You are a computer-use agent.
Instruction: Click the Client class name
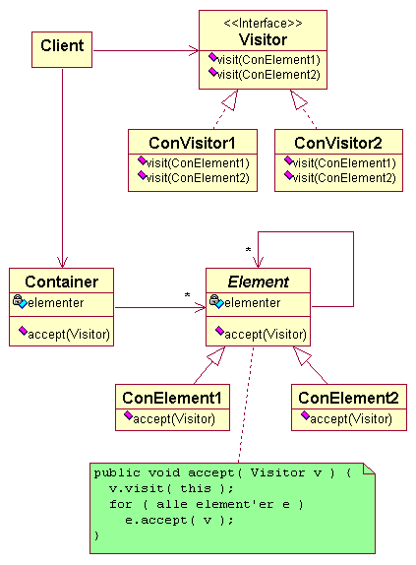[x=62, y=45]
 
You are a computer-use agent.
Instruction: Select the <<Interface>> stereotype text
[x=263, y=23]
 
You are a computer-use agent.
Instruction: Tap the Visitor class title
[x=263, y=39]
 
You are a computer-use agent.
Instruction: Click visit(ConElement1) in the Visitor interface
[x=268, y=60]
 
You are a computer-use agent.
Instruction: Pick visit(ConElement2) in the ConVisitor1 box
[x=198, y=177]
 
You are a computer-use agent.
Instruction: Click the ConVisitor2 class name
[x=338, y=143]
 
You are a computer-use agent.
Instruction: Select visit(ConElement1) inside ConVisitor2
[x=344, y=163]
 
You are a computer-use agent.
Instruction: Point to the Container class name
[x=62, y=282]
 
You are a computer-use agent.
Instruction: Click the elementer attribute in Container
[x=56, y=303]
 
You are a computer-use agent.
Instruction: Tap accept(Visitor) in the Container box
[x=69, y=335]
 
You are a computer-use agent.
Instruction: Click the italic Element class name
[x=258, y=282]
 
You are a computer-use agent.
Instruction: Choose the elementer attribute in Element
[x=253, y=303]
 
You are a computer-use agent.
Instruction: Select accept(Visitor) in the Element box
[x=266, y=335]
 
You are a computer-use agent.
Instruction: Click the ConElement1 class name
[x=172, y=398]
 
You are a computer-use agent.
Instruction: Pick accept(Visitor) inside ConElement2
[x=351, y=419]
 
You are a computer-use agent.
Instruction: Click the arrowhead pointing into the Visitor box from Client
[x=195, y=50]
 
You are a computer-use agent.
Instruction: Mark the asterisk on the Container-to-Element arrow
[x=187, y=295]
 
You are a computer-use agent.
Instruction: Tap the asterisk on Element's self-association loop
[x=248, y=250]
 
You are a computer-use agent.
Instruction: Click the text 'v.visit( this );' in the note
[x=171, y=488]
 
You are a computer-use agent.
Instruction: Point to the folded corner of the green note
[x=369, y=470]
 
